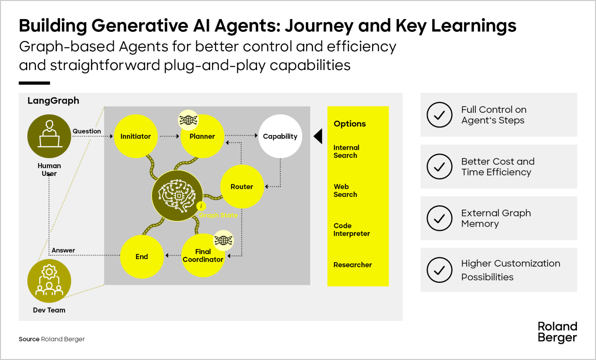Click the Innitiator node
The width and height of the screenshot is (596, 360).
tap(136, 136)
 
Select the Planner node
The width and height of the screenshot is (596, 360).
tap(202, 137)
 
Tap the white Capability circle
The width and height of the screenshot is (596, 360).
tap(280, 136)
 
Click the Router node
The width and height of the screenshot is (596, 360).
tap(242, 187)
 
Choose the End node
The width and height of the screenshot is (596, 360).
tap(142, 257)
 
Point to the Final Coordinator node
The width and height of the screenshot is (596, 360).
tap(203, 256)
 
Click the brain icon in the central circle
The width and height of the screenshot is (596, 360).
tap(177, 196)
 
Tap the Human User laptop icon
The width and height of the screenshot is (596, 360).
tap(49, 136)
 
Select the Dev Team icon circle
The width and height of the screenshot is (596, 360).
tap(49, 281)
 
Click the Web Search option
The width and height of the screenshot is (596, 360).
tap(345, 191)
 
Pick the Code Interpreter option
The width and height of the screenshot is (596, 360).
tap(352, 230)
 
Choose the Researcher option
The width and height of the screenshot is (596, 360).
tap(352, 265)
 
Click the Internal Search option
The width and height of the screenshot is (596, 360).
tap(346, 152)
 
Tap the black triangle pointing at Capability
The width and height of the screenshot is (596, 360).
tap(318, 136)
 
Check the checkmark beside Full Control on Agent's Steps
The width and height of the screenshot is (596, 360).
tap(440, 115)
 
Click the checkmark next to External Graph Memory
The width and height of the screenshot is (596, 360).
tap(440, 218)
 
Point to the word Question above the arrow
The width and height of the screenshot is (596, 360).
tap(87, 131)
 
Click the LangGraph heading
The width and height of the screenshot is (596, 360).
tap(53, 101)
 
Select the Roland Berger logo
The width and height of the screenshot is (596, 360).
tap(557, 332)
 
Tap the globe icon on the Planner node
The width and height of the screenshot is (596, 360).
tap(188, 120)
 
